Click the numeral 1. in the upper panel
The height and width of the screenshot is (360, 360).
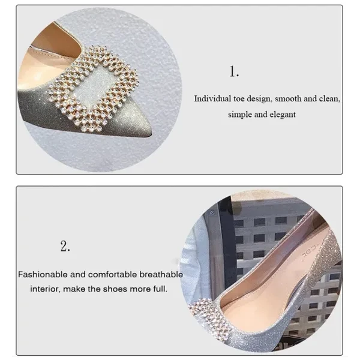(234, 71)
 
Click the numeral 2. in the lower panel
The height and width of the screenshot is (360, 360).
(65, 247)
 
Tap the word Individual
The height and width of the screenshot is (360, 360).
(212, 99)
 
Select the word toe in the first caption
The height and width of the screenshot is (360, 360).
(239, 99)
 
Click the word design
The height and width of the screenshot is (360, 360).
(259, 99)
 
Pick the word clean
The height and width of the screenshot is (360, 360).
(329, 99)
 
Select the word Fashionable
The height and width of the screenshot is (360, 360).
(43, 274)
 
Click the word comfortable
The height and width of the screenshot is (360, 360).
(112, 274)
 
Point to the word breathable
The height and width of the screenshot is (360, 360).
(161, 274)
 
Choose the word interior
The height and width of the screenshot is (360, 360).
(46, 289)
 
